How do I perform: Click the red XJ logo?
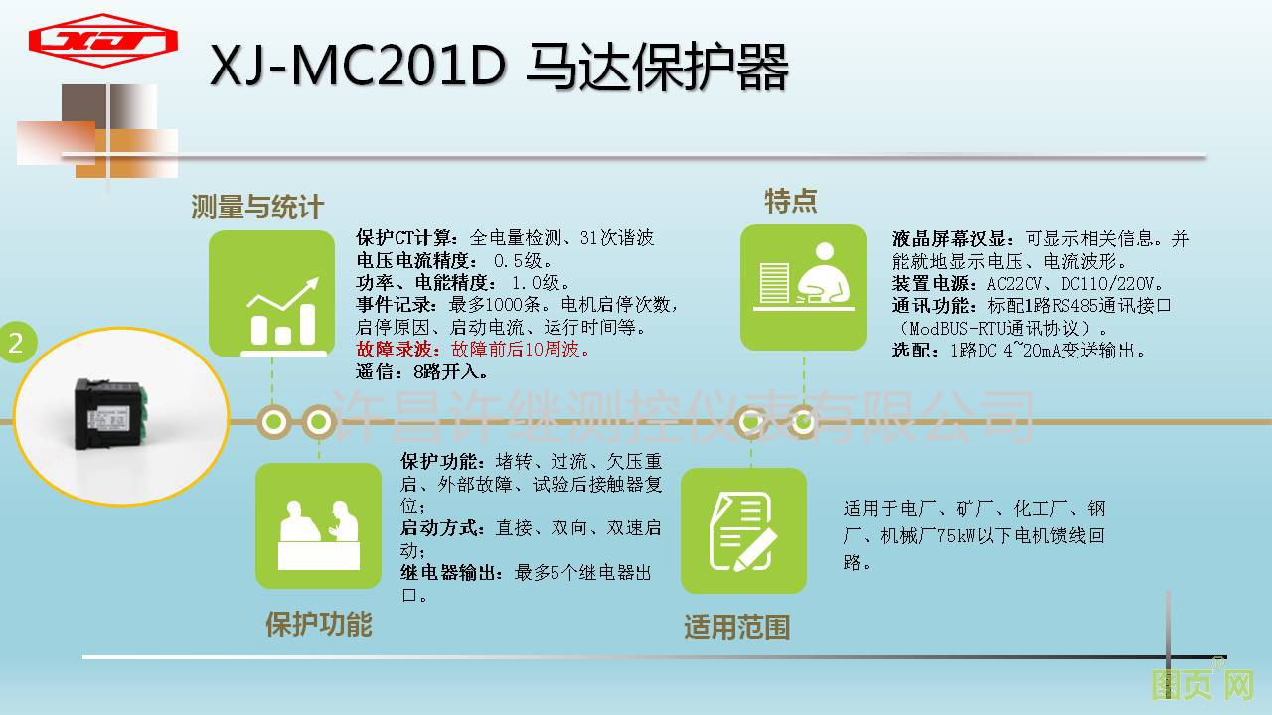102,41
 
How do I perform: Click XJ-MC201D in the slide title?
358,66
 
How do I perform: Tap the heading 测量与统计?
257,206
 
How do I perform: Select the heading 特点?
790,201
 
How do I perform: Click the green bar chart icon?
272,293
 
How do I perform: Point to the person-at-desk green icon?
803,287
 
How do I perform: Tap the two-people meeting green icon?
319,525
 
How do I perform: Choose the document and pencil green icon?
743,530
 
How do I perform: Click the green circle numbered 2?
17,343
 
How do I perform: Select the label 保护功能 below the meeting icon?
319,624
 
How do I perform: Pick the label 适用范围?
737,627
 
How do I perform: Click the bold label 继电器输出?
447,573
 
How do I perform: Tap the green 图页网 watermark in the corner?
1202,684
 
